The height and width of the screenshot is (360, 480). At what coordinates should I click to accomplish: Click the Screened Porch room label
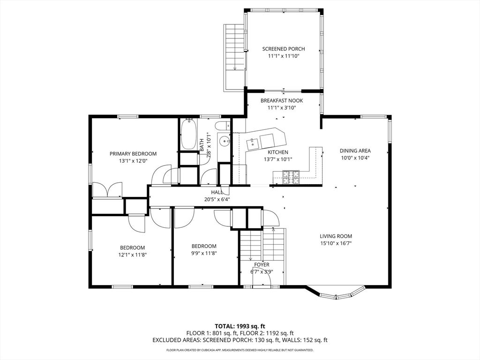[284, 49]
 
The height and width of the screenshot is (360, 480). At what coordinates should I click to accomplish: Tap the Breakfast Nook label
[282, 100]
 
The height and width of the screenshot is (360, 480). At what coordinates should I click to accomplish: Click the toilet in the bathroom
[223, 126]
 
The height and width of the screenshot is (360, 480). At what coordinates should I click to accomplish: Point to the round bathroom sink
[225, 142]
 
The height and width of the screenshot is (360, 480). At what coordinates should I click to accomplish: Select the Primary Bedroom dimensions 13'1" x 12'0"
[133, 161]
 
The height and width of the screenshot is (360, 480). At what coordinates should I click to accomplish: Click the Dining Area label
[355, 150]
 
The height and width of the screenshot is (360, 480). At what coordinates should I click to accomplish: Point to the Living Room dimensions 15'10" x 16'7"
[336, 243]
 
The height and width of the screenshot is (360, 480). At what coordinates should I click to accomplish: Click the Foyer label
[262, 264]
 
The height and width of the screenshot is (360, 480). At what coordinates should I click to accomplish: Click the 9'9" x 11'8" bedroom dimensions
[204, 254]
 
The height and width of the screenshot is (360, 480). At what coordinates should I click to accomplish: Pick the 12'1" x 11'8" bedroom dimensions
[133, 255]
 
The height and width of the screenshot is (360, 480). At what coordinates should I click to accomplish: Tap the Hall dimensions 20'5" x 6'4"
[217, 199]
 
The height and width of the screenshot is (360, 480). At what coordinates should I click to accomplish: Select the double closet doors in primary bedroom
[107, 190]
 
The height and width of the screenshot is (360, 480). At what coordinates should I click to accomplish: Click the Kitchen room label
[278, 152]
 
